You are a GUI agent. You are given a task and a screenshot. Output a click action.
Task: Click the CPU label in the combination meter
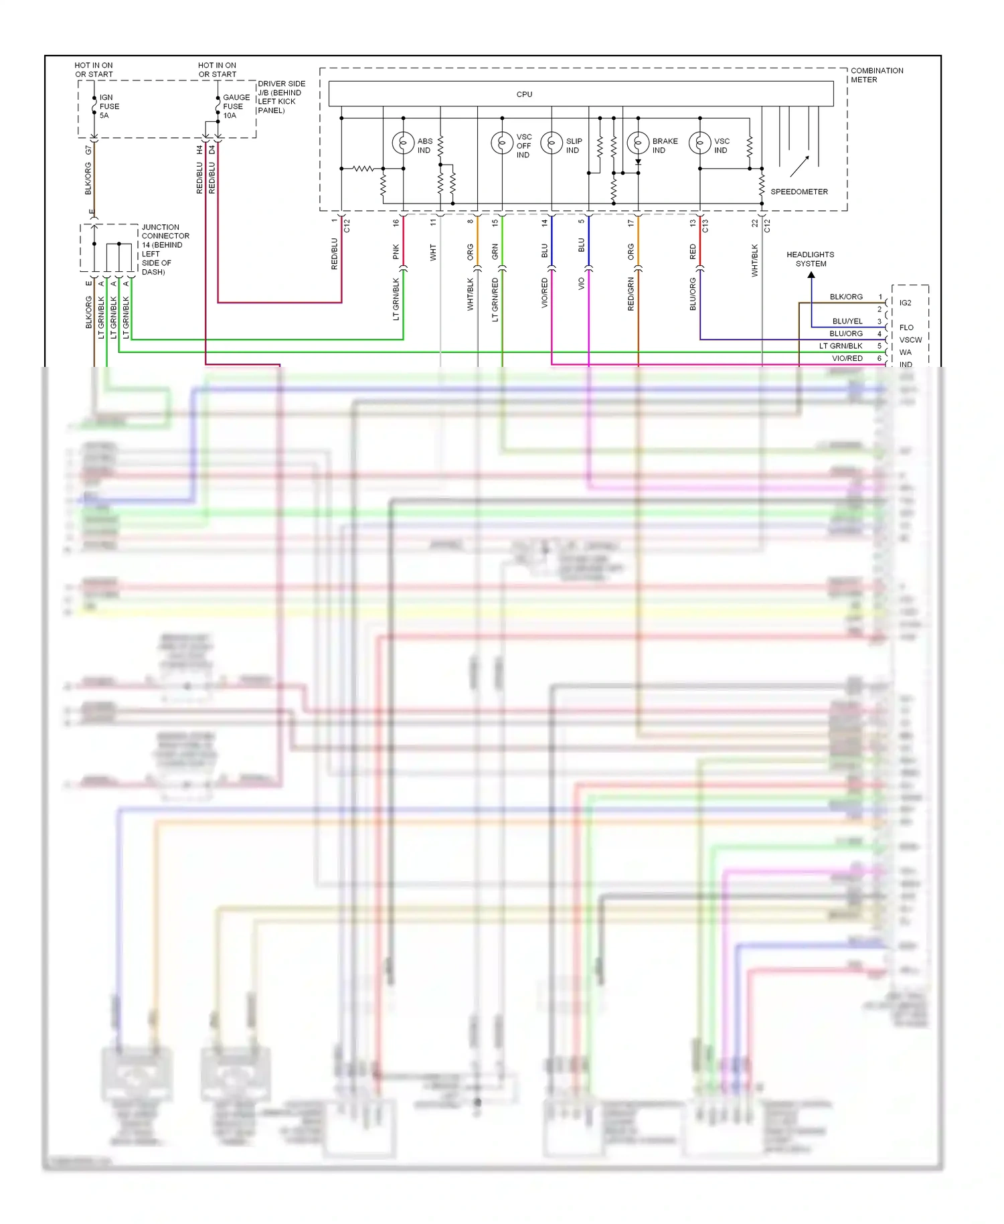coord(524,94)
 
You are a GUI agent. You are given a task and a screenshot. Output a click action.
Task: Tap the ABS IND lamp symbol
coord(403,143)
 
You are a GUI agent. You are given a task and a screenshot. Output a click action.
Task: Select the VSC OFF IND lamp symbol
coord(501,143)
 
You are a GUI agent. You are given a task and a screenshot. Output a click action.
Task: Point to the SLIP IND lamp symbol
coord(552,143)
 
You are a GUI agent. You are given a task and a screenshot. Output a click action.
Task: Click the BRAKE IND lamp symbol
coord(638,143)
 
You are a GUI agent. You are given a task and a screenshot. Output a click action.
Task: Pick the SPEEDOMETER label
coord(799,192)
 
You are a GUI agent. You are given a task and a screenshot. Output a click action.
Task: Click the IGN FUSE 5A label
coord(109,106)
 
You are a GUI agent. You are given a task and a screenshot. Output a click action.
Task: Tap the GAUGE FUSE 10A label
coord(236,106)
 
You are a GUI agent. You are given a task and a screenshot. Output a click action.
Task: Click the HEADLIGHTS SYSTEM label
coord(810,259)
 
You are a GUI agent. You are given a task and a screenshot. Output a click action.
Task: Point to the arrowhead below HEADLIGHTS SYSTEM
coord(811,275)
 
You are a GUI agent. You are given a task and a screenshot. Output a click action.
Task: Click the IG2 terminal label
coord(905,303)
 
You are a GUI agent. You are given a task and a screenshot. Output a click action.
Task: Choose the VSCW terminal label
coord(910,340)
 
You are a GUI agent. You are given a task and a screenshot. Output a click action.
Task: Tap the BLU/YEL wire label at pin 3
coord(847,321)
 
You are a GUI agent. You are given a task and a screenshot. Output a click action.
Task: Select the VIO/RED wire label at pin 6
coord(847,359)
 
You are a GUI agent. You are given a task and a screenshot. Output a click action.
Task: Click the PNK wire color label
coord(396,252)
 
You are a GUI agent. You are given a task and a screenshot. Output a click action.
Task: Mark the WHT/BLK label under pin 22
coord(754,260)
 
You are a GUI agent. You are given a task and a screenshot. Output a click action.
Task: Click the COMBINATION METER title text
coord(876,75)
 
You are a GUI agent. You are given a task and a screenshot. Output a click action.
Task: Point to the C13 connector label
coord(705,226)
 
